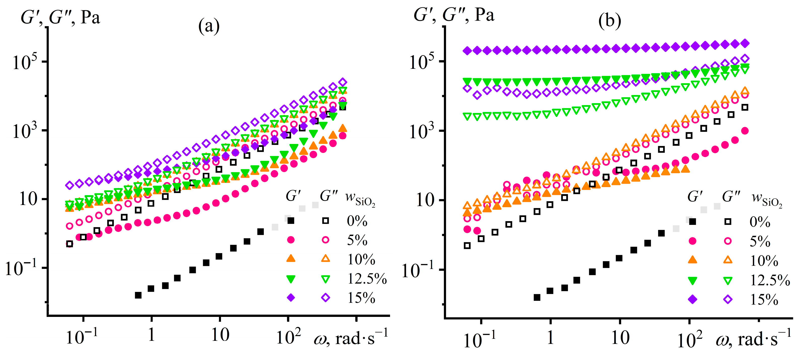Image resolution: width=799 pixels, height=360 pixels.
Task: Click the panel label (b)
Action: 610,21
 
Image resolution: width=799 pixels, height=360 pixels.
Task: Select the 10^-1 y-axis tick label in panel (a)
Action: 21,268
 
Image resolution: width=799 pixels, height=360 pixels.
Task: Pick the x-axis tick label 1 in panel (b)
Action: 550,338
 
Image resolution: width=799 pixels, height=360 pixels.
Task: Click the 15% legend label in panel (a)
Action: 361,298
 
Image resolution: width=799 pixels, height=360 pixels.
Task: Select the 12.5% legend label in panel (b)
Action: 770,281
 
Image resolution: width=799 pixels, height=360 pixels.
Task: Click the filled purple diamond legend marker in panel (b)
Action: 692,299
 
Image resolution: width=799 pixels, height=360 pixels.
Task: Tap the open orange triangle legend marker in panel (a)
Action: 325,258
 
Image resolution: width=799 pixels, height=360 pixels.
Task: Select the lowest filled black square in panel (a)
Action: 138,295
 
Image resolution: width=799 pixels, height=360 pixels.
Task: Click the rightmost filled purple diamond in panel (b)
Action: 744,43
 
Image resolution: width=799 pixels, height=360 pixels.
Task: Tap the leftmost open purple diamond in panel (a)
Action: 70,185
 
